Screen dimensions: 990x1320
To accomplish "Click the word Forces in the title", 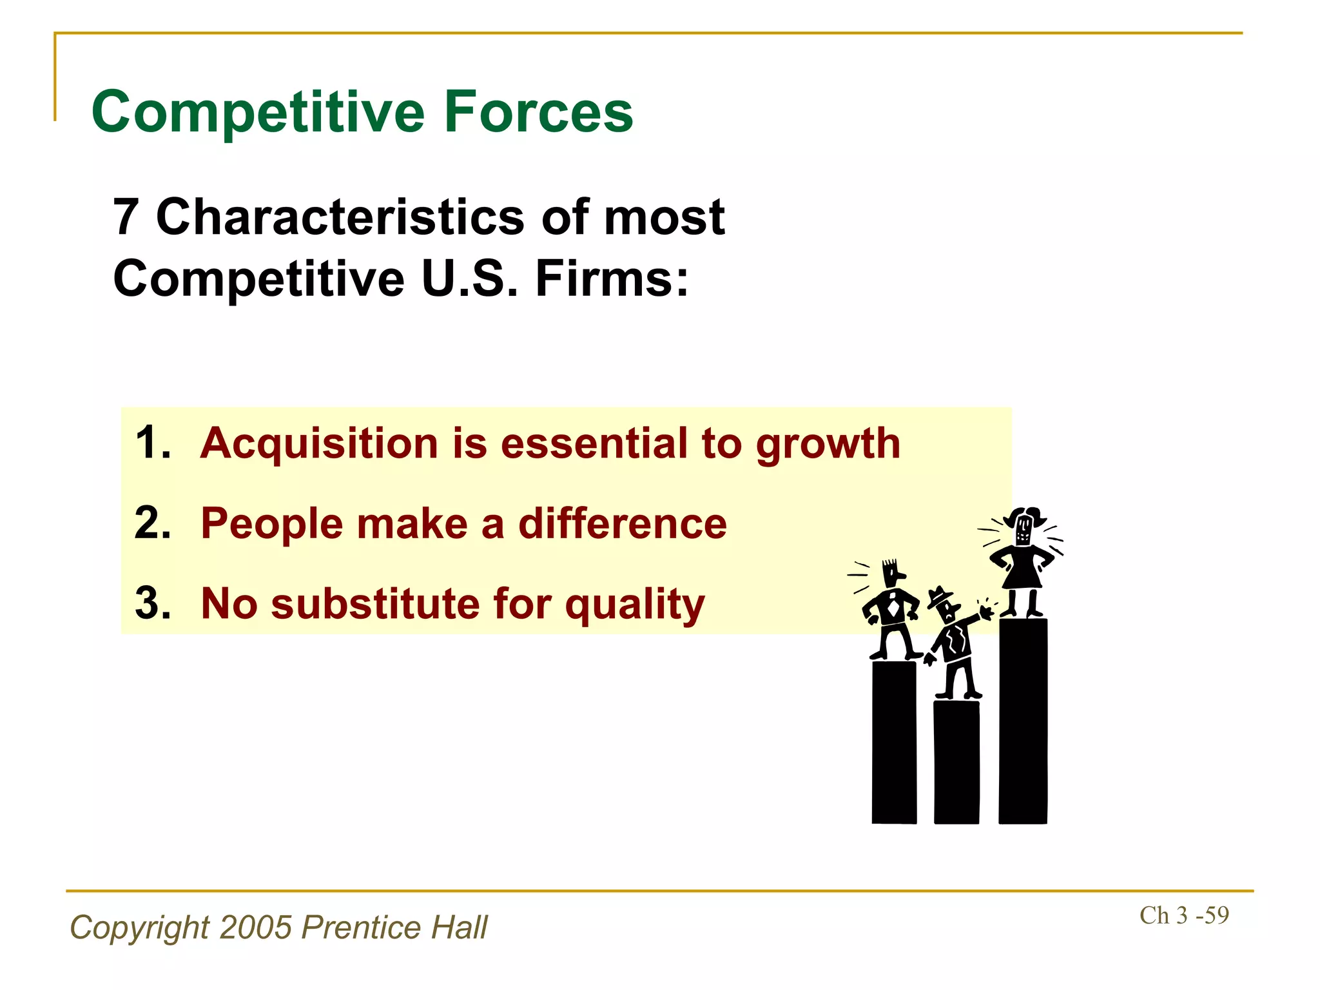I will coord(538,113).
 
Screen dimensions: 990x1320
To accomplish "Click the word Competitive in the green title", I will coord(258,113).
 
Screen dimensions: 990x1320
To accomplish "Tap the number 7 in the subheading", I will coord(126,217).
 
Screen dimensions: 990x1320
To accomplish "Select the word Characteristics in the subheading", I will coord(340,217).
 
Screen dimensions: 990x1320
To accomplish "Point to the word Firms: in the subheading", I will coord(612,278).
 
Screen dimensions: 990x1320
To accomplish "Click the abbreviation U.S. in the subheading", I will coord(469,278).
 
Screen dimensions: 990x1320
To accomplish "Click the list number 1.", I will coord(152,443).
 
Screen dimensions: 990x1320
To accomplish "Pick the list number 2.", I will coord(153,523).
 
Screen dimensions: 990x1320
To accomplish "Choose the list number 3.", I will coord(153,604).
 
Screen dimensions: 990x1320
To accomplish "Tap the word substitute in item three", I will coord(376,604).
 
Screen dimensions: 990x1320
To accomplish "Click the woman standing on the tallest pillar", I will coord(1023,561).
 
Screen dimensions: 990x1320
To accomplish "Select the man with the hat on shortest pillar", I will coord(953,645).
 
